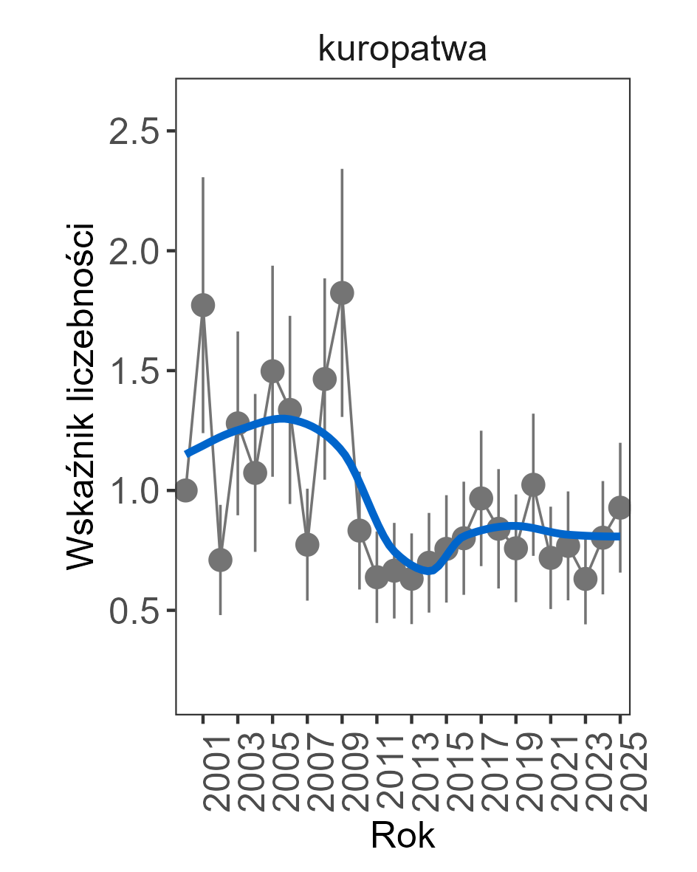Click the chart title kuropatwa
pos(402,50)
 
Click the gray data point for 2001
pos(203,305)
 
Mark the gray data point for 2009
pos(342,293)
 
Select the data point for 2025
pos(620,507)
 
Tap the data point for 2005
pos(272,371)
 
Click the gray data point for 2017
pos(481,498)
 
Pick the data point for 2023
pos(586,579)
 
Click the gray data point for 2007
pos(307,545)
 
